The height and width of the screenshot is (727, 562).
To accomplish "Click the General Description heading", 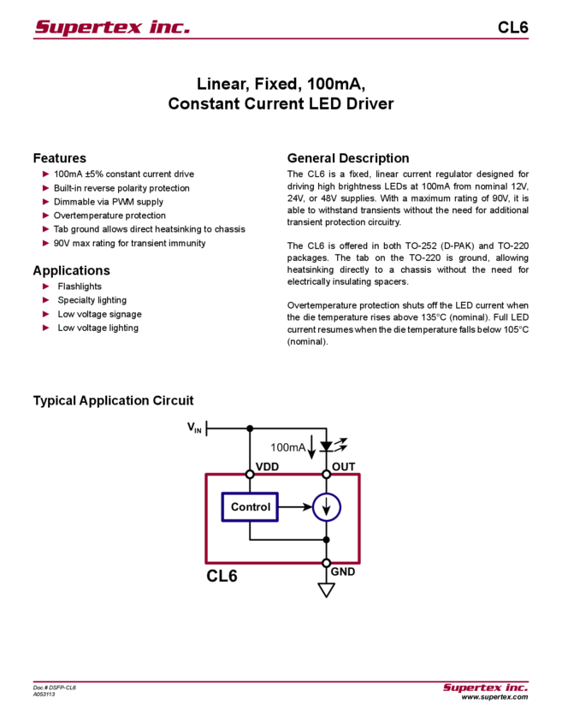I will pyautogui.click(x=347, y=158).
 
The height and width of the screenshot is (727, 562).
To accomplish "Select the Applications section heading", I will pyautogui.click(x=74, y=270).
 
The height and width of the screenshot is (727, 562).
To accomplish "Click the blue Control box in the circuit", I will pyautogui.click(x=250, y=507).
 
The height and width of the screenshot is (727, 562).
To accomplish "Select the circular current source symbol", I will pyautogui.click(x=326, y=507).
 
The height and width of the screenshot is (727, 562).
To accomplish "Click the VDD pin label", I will pyautogui.click(x=267, y=464).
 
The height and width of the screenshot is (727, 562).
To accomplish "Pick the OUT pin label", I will pyautogui.click(x=344, y=464).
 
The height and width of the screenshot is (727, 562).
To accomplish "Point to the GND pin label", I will pyautogui.click(x=344, y=571).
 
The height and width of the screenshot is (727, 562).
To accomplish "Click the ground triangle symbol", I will pyautogui.click(x=326, y=590).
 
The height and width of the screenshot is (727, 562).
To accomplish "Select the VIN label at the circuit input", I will pyautogui.click(x=194, y=427).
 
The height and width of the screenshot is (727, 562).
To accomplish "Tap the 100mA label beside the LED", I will pyautogui.click(x=288, y=446).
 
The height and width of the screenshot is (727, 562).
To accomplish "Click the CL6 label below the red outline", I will pyautogui.click(x=222, y=576).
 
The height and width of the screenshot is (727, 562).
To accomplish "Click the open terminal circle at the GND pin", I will pyautogui.click(x=326, y=563).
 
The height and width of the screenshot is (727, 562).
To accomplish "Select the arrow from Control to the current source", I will pyautogui.click(x=295, y=507).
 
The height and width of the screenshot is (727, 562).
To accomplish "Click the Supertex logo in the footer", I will pyautogui.click(x=485, y=688).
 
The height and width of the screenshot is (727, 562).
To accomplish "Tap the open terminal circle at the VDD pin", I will pyautogui.click(x=250, y=473).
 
